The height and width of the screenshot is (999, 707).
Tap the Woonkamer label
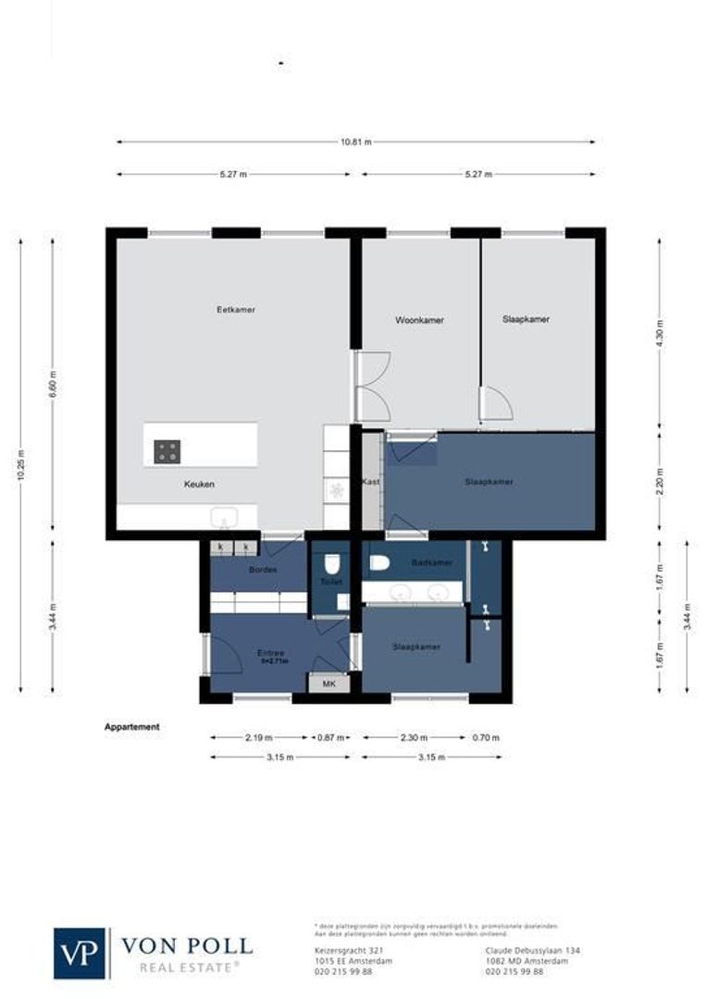click(x=419, y=320)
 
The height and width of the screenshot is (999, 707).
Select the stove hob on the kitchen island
click(x=167, y=451)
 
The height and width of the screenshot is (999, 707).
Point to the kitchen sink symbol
click(x=224, y=514)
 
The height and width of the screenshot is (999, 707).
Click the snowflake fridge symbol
click(x=336, y=491)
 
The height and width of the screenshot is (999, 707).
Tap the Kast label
click(x=371, y=482)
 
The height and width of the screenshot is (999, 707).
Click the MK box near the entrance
click(x=328, y=684)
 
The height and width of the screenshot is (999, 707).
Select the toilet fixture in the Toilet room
click(x=331, y=563)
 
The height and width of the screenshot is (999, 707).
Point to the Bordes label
click(x=264, y=570)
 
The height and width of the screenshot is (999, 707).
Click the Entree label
click(x=270, y=653)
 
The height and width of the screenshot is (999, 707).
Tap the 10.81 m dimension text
click(x=355, y=142)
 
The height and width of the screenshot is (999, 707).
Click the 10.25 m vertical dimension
click(x=20, y=464)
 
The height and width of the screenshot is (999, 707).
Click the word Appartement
click(x=131, y=727)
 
